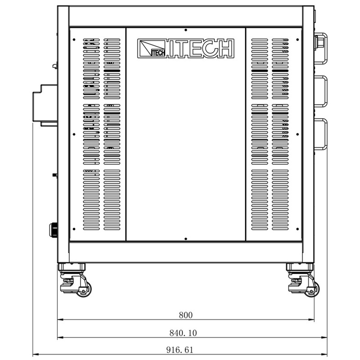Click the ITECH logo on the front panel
[186, 48]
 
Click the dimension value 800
[185, 315]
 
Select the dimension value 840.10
[183, 333]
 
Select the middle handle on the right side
[321, 92]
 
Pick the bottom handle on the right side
[321, 134]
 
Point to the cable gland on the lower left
[54, 230]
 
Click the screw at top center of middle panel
[186, 29]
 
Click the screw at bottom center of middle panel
[186, 239]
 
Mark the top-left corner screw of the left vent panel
[73, 39]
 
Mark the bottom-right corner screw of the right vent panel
[297, 228]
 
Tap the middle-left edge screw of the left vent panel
[73, 134]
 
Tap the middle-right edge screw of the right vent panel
[297, 134]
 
